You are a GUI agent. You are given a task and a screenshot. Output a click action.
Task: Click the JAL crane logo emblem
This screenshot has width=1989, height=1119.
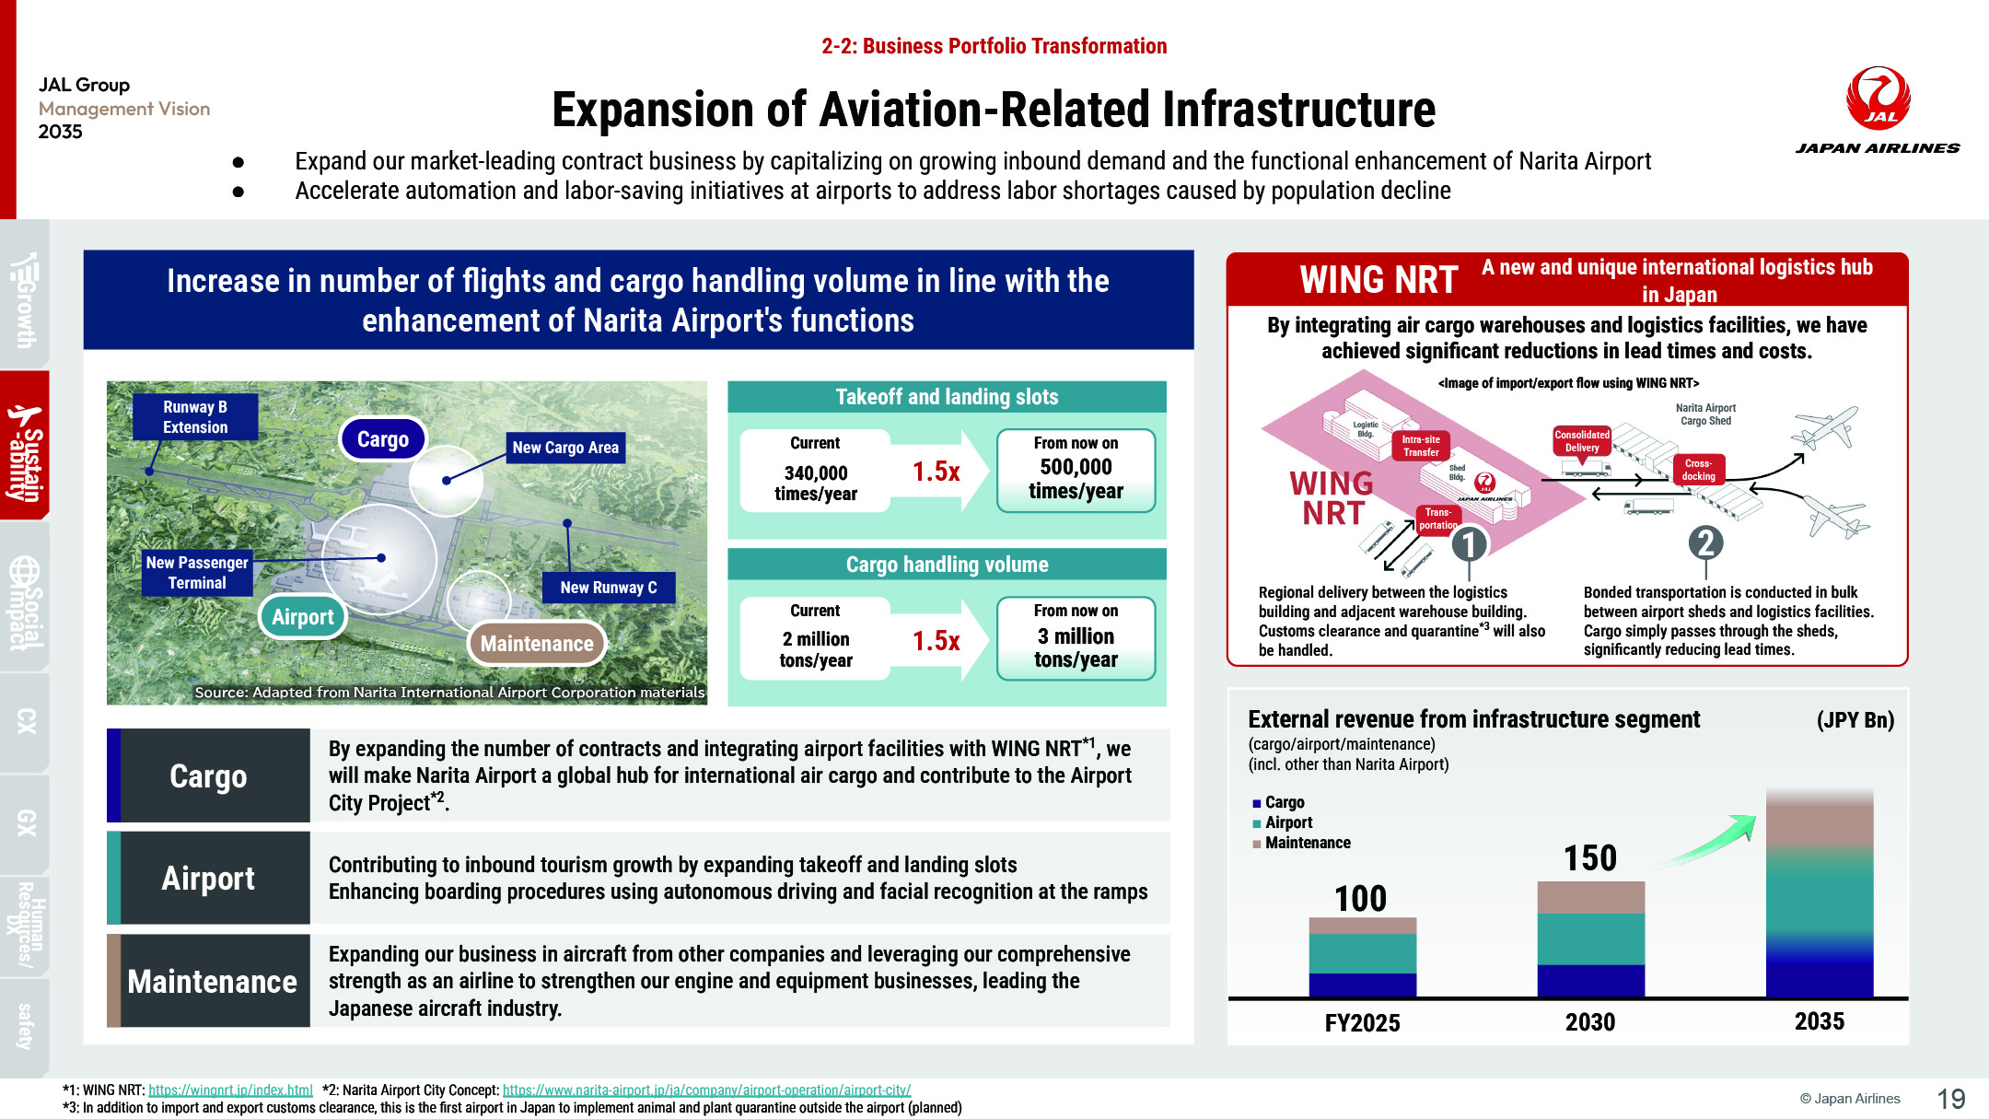pos(1878,98)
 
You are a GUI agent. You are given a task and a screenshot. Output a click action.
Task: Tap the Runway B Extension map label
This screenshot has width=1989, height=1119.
pos(195,417)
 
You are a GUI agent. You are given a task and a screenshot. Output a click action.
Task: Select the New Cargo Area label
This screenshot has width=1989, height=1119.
pos(565,448)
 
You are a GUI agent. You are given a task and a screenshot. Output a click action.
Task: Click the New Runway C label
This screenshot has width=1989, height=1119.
pos(609,588)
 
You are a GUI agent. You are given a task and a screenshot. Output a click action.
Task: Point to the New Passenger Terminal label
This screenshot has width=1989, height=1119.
pos(197,573)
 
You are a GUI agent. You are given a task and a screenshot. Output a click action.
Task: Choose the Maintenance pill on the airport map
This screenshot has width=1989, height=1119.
pos(537,644)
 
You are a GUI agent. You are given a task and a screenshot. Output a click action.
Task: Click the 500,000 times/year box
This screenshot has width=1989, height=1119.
pos(1076,471)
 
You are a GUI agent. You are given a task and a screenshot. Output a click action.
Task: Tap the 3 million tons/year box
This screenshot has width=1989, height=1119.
pos(1076,638)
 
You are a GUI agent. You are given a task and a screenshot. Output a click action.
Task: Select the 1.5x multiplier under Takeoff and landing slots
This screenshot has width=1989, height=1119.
pos(936,472)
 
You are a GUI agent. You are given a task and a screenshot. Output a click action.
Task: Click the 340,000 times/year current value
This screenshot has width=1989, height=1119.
pos(816,484)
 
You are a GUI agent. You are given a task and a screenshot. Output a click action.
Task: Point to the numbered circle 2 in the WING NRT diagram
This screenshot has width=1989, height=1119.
pos(1706,542)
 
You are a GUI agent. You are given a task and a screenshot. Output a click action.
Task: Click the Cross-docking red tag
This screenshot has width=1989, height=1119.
pos(1699,470)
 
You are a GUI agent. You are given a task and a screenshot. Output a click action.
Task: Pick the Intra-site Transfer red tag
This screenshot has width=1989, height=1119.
pos(1421,446)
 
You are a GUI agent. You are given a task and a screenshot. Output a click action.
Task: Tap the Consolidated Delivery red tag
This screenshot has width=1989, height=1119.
pos(1582,441)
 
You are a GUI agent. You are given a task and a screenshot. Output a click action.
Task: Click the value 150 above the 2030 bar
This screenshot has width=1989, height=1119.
pos(1590,858)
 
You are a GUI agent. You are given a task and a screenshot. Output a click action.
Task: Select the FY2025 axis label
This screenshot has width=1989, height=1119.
pos(1362,1023)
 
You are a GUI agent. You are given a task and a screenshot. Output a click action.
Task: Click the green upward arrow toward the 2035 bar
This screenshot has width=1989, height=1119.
pos(1708,840)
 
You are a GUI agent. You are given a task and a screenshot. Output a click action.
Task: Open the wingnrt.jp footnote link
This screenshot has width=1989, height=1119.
pos(230,1090)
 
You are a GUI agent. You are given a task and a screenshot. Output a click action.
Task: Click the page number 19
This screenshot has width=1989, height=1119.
pos(1951,1099)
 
